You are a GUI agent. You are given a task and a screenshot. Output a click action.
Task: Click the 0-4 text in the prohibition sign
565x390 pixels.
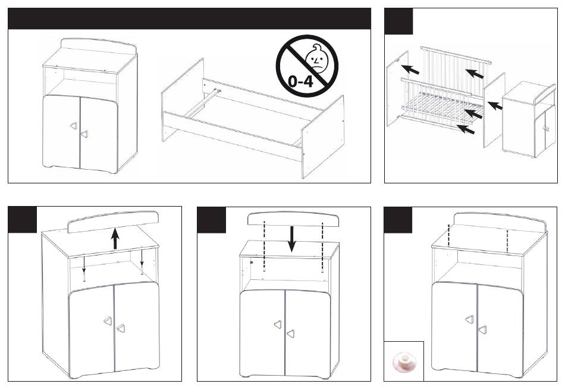[x=301, y=81]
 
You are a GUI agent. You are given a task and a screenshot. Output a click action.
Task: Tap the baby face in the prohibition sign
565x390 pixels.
[x=316, y=58]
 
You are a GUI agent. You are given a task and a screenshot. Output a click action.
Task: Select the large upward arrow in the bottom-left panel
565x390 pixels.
[x=115, y=239]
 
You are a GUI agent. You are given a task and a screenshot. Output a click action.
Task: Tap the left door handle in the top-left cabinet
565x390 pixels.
[x=73, y=126]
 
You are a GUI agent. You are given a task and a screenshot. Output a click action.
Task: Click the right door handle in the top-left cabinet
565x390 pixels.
[x=84, y=134]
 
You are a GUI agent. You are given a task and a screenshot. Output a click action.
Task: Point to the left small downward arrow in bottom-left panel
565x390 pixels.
[x=84, y=264]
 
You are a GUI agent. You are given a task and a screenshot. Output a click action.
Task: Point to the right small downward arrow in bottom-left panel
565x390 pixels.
[x=142, y=258]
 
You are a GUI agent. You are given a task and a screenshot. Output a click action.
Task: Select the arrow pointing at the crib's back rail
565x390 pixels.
[x=475, y=73]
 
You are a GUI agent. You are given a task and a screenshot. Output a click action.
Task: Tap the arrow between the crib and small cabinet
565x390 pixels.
[x=495, y=106]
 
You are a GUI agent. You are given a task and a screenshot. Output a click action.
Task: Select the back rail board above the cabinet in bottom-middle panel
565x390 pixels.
[x=293, y=219]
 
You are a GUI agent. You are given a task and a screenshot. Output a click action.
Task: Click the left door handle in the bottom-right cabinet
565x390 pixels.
[x=469, y=320]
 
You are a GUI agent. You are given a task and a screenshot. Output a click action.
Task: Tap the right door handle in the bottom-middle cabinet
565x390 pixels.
[x=290, y=334]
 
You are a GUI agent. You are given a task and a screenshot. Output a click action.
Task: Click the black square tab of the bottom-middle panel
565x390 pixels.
[x=212, y=220]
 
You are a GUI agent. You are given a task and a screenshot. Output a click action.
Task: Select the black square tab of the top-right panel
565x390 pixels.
[x=398, y=21]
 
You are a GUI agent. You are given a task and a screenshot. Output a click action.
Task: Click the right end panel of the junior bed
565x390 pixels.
[x=322, y=137]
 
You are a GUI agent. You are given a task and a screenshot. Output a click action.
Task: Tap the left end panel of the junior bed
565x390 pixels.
[x=183, y=100]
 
